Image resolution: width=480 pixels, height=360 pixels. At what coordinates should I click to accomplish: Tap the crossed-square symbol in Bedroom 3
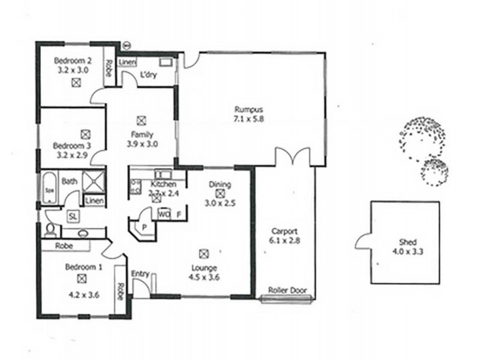(x=85, y=134)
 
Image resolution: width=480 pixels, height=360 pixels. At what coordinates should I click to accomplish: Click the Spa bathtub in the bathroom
(x=49, y=187)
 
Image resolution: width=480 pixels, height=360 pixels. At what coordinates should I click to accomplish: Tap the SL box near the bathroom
(x=73, y=215)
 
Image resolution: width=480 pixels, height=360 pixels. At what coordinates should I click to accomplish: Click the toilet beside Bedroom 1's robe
(x=52, y=230)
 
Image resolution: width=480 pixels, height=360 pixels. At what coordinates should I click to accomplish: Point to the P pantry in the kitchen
(x=143, y=228)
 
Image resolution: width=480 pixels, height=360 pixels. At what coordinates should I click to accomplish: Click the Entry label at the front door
(x=140, y=274)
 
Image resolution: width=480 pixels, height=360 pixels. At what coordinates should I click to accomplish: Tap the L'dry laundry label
(x=148, y=75)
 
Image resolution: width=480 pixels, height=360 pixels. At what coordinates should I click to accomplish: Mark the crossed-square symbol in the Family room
(x=142, y=119)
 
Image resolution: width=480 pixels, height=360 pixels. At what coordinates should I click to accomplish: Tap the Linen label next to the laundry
(x=127, y=62)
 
